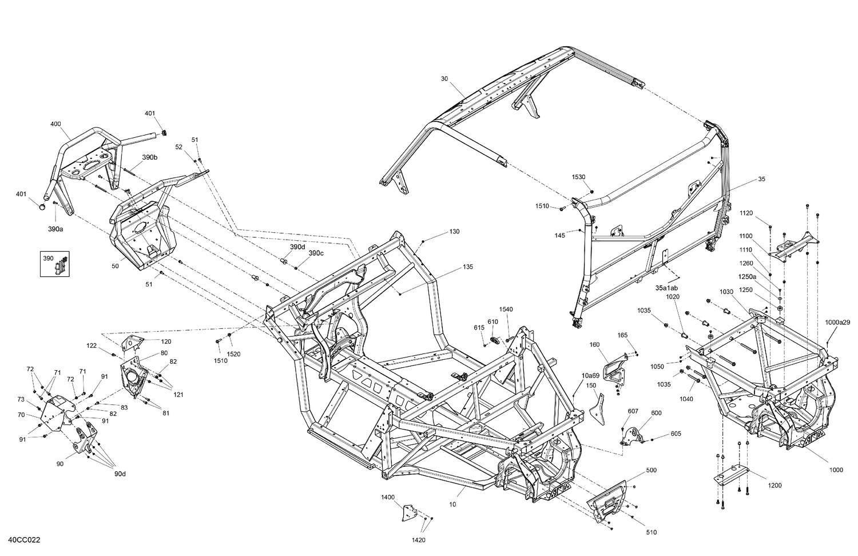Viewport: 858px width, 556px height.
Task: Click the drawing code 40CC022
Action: tap(24, 540)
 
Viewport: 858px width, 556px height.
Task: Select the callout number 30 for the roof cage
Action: tap(444, 78)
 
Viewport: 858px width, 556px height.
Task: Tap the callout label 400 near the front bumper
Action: tap(55, 124)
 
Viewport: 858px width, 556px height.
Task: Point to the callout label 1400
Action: tap(388, 498)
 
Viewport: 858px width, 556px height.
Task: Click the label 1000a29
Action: tap(838, 323)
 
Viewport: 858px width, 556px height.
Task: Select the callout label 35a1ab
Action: tap(666, 287)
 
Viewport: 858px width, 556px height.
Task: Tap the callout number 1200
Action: tap(774, 486)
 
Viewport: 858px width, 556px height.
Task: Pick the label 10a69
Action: tap(590, 376)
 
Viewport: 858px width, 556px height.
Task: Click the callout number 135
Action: tap(468, 267)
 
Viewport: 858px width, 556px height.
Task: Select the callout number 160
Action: tap(595, 344)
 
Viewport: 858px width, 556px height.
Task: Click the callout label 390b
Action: tap(150, 157)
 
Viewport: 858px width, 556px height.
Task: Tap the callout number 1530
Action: tap(578, 177)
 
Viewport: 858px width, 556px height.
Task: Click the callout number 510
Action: tap(651, 533)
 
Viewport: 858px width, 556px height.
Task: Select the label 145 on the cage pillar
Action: tap(560, 235)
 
